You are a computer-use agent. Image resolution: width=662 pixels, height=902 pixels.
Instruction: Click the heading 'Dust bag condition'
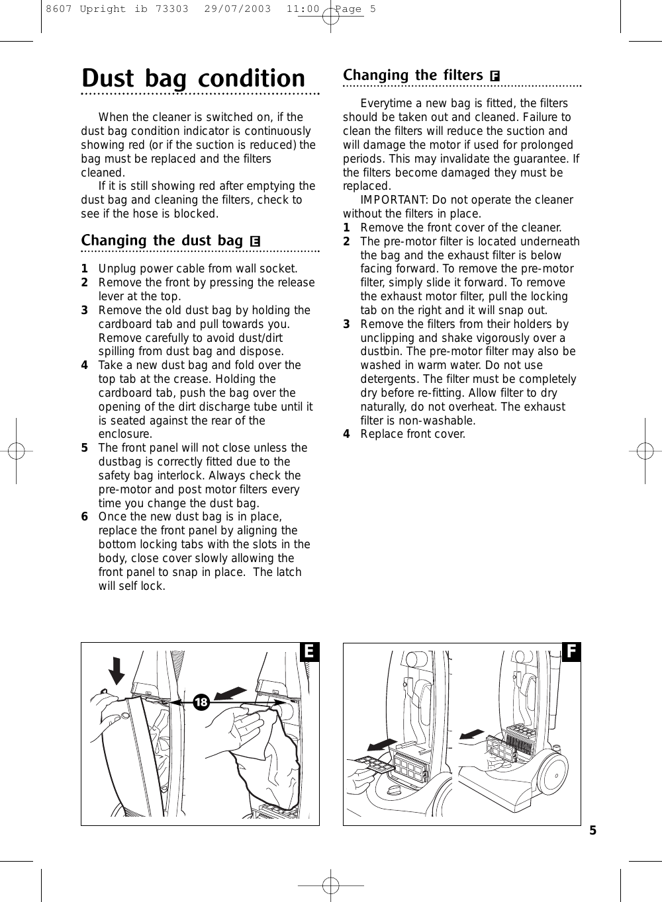pos(193,79)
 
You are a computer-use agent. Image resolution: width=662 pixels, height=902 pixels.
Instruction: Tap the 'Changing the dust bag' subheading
pos(162,240)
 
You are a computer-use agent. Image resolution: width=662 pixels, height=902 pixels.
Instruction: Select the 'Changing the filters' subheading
pos(412,75)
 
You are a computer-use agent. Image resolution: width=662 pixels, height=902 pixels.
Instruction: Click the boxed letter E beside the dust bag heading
pos(255,241)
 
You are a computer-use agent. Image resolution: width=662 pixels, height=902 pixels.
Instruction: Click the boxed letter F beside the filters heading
pos(494,77)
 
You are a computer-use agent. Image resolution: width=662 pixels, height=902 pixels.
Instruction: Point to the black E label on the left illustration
pos(308,652)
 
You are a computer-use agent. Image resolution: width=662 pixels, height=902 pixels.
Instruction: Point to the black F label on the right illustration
pos(571,652)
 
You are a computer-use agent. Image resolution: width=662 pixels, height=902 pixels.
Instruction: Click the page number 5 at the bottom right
pos(593,831)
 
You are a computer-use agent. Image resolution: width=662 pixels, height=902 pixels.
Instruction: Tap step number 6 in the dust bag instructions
pos(85,517)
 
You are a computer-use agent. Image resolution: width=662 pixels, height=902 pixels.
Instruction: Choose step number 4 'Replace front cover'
pos(346,434)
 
